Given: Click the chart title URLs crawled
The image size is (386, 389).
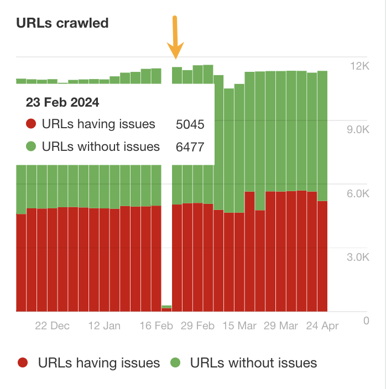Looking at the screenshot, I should [62, 23].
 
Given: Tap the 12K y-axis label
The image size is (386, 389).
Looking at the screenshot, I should [359, 66].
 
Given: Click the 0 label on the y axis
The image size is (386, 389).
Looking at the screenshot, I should [366, 320].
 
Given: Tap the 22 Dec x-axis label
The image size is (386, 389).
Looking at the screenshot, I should [53, 325].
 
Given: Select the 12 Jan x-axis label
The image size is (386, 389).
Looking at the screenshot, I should [104, 325].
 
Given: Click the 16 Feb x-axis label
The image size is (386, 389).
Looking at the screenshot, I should [156, 325].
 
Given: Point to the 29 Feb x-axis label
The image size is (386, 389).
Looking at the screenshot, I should [197, 325].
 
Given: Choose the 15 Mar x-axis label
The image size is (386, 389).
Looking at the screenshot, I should [239, 325].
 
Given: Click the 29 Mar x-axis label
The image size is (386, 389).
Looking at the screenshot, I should [280, 325].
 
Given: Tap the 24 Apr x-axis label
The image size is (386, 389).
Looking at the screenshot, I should [322, 325].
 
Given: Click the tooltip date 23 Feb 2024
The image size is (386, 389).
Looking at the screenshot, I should [62, 102].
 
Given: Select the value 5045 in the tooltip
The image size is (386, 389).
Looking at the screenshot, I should [190, 124].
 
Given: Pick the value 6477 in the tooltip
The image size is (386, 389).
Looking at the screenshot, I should [190, 147].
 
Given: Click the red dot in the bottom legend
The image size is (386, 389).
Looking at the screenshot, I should [23, 363].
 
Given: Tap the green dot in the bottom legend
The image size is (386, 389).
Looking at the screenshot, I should [175, 363].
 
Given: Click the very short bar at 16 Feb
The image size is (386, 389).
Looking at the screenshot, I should [166, 308].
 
